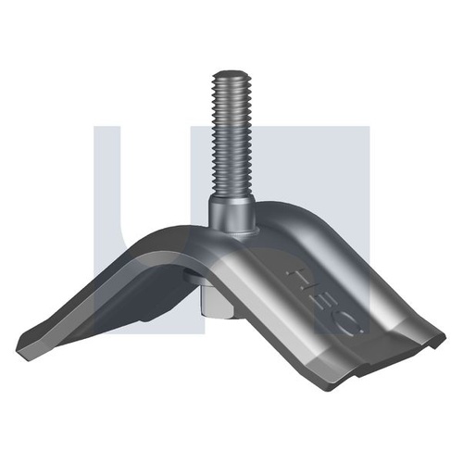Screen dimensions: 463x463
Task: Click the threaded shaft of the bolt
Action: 230,139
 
